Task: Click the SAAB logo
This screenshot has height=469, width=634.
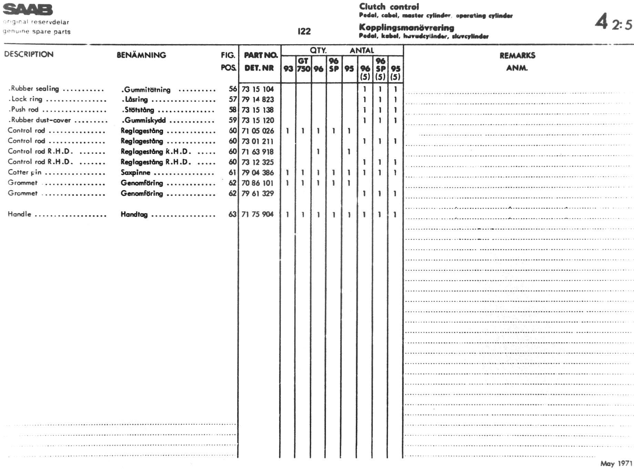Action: pos(28,10)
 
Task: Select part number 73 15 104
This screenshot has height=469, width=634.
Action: pos(257,89)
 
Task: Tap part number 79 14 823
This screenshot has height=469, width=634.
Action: pos(257,100)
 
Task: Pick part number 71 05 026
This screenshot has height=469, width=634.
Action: pos(257,131)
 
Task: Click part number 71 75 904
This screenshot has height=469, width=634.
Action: pos(257,214)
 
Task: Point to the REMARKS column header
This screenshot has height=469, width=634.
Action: pos(517,56)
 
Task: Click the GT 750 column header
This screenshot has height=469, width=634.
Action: pos(303,65)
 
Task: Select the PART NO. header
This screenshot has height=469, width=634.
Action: pos(260,55)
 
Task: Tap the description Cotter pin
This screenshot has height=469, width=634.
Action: pos(24,172)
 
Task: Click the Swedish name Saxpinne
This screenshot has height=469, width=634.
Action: pos(135,172)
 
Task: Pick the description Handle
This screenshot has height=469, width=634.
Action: pos(19,214)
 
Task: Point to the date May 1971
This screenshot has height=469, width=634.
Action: pos(616,463)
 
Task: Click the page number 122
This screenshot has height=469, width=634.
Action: pos(304,31)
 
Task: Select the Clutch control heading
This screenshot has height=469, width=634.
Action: pos(389,7)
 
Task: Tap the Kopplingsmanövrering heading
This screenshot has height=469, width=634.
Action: pos(407,28)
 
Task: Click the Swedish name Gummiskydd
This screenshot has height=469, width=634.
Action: pos(144,120)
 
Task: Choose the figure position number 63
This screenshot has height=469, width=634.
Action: pos(232,214)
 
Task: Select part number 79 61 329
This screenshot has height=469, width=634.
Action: pos(257,193)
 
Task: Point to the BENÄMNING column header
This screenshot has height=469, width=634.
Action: pos(141,55)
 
